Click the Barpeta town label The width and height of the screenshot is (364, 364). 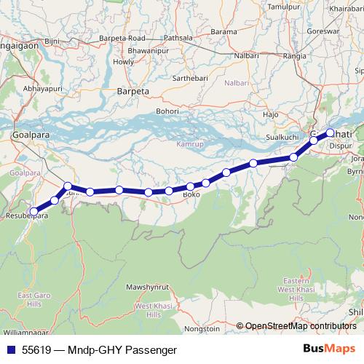(x=132, y=92)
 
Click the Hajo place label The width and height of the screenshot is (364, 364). (x=271, y=115)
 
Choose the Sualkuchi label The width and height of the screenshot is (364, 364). (x=281, y=136)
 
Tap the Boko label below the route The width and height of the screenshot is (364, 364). (x=191, y=196)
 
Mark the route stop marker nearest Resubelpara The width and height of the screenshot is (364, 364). (x=33, y=211)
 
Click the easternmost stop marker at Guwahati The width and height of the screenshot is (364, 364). (x=330, y=132)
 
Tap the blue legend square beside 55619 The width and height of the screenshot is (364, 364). (x=10, y=350)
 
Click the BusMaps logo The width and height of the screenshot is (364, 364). (x=331, y=350)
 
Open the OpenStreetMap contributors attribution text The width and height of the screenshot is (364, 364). (x=299, y=326)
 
